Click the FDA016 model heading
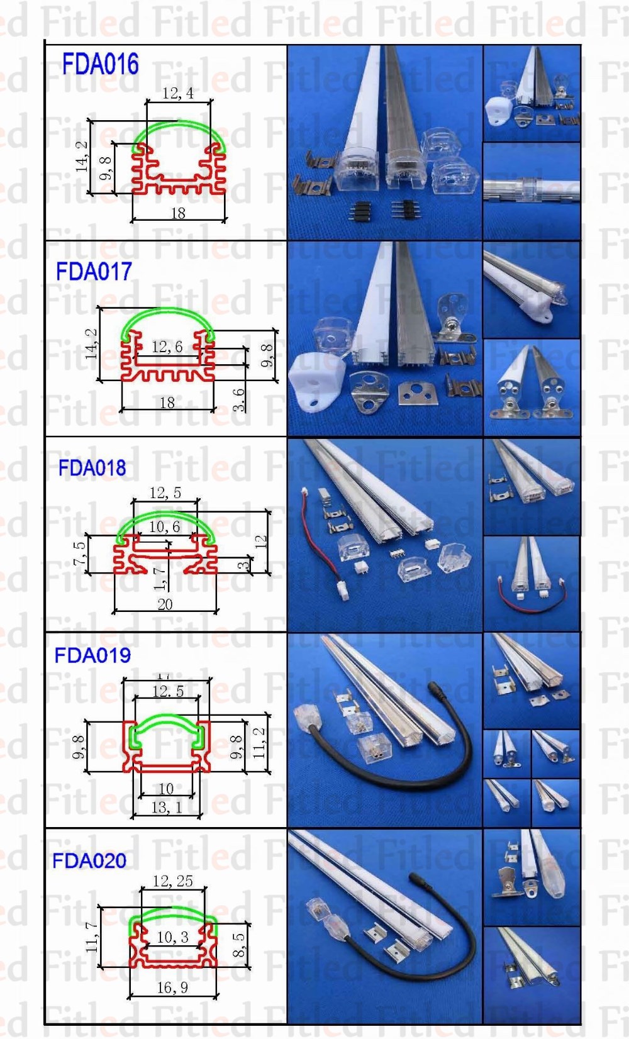pyautogui.click(x=100, y=65)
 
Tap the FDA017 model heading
pyautogui.click(x=94, y=272)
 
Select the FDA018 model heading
pyautogui.click(x=92, y=468)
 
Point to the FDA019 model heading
pyautogui.click(x=92, y=655)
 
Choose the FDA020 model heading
pyautogui.click(x=89, y=860)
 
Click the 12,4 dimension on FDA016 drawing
pyautogui.click(x=178, y=94)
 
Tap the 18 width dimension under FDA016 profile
pyautogui.click(x=178, y=213)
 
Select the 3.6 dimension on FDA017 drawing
pyautogui.click(x=239, y=399)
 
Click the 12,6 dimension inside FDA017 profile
pyautogui.click(x=167, y=347)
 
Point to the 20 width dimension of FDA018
pyautogui.click(x=165, y=604)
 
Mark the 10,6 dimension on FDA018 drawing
pyautogui.click(x=164, y=526)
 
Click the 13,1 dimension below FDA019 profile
pyautogui.click(x=167, y=808)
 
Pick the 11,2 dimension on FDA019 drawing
pyautogui.click(x=259, y=743)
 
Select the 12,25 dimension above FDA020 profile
pyautogui.click(x=172, y=881)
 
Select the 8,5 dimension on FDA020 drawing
pyautogui.click(x=239, y=945)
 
